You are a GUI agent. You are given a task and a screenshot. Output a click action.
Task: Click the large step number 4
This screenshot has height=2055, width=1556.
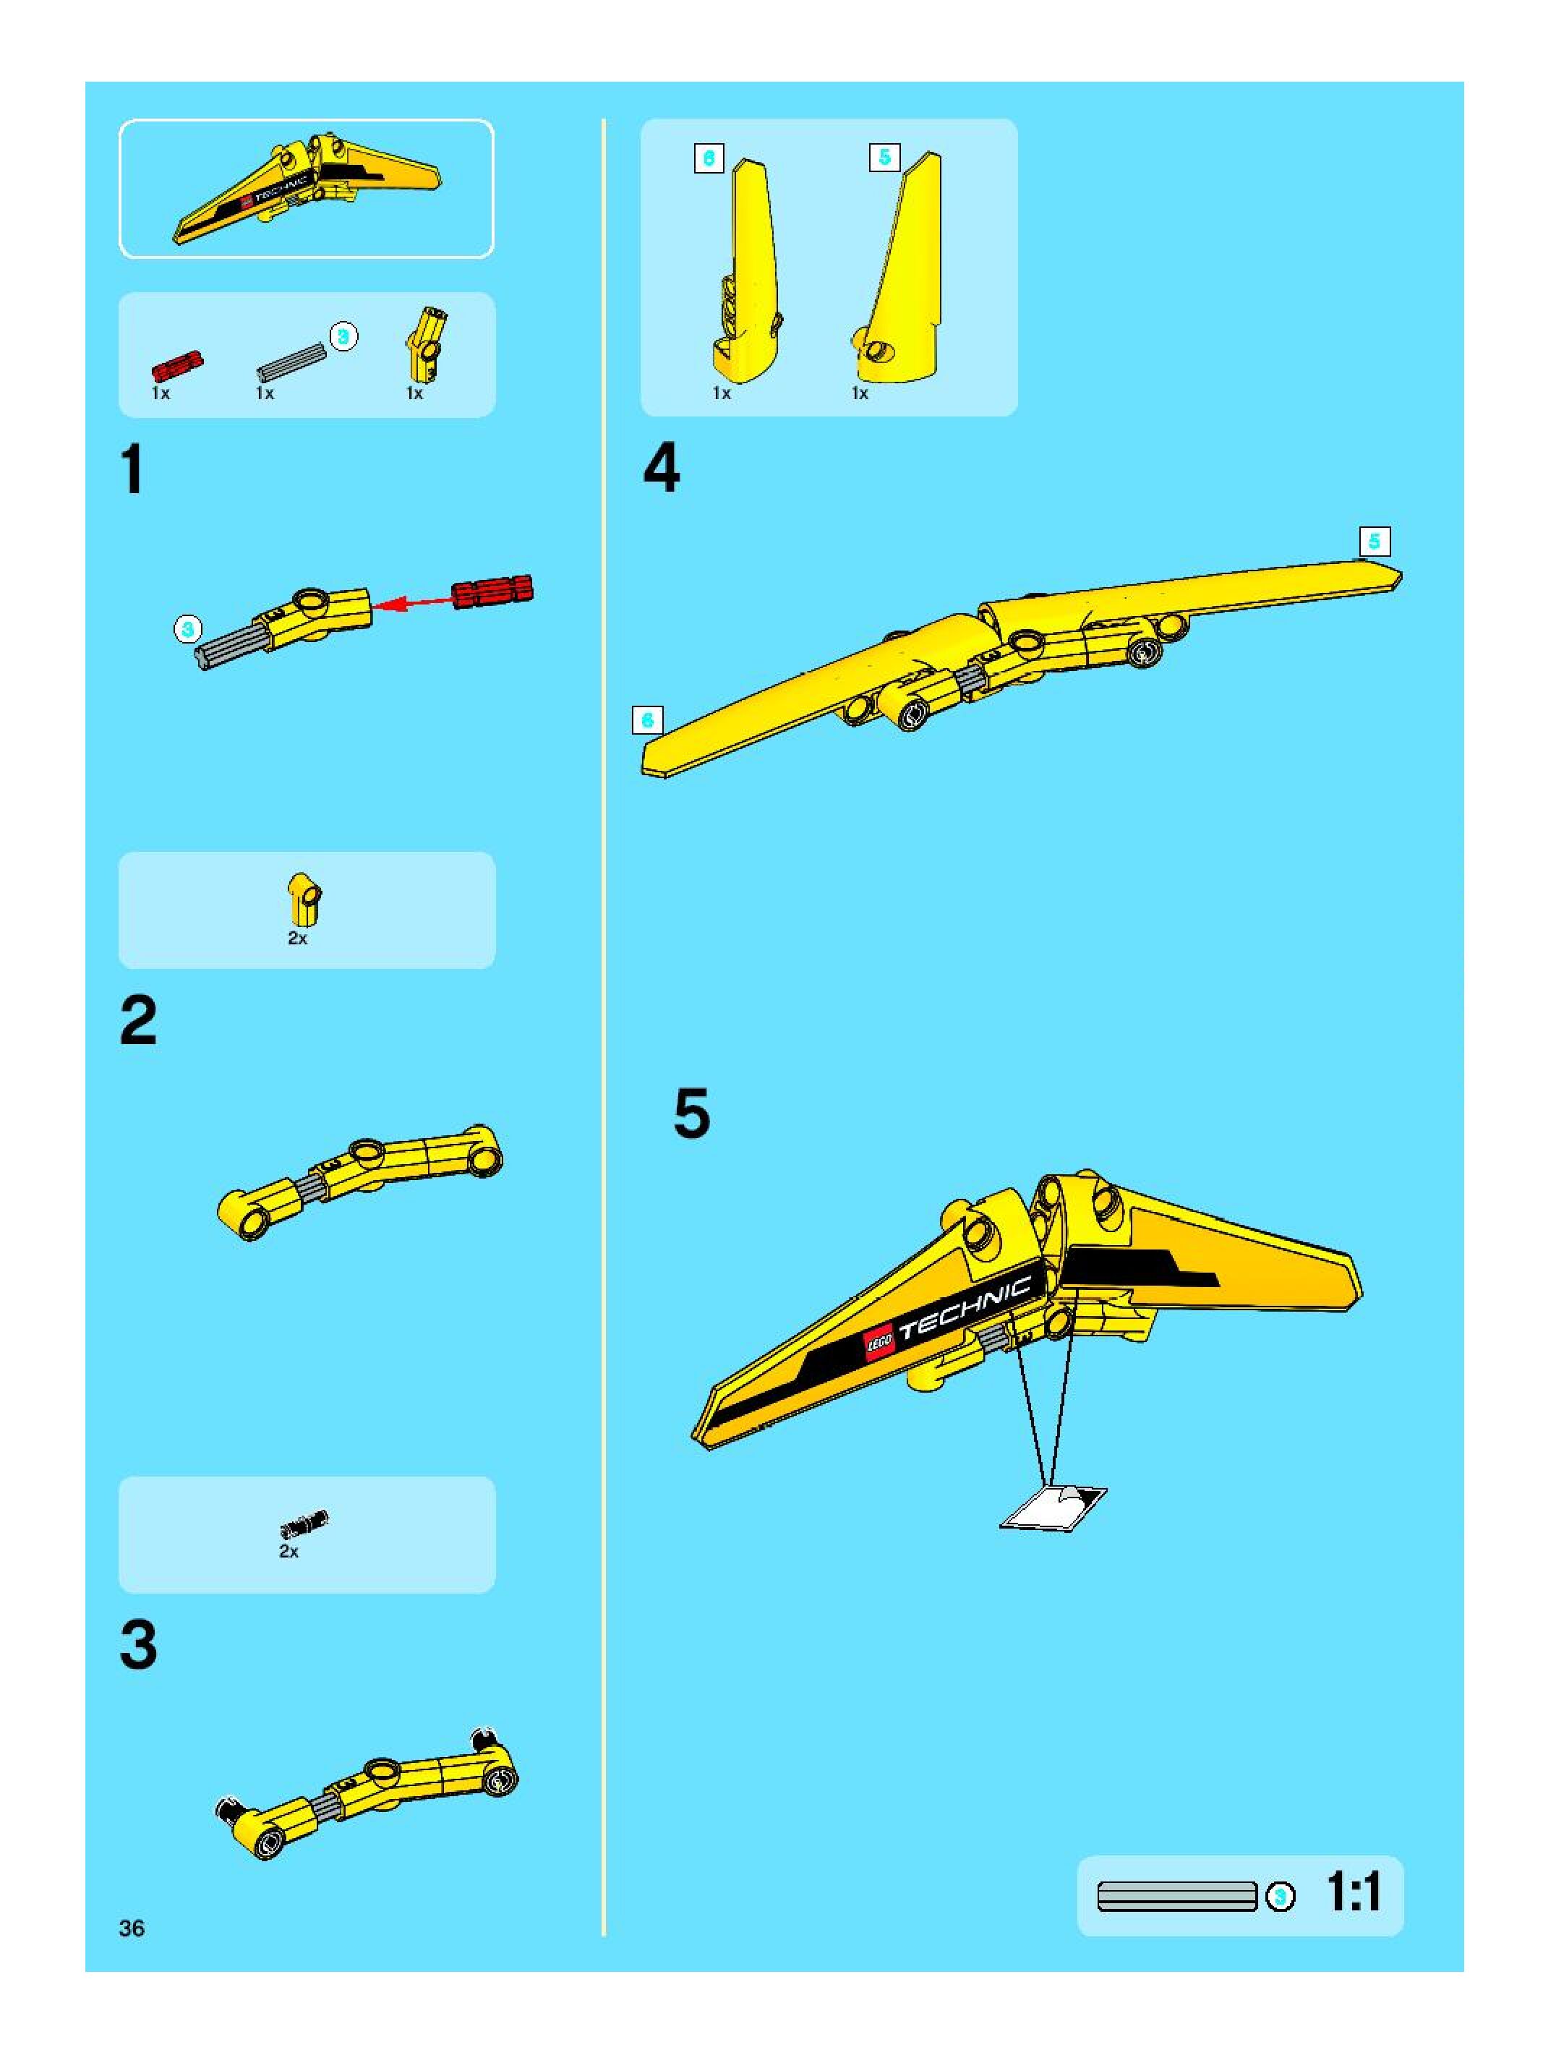[662, 469]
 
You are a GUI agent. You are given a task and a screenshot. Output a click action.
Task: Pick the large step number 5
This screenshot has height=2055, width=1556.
[691, 1114]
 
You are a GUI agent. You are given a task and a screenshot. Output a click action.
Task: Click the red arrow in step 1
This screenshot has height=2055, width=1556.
[414, 602]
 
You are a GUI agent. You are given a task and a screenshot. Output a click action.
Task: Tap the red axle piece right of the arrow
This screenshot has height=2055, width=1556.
[492, 591]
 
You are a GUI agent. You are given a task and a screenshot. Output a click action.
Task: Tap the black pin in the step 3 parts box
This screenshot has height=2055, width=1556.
[304, 1524]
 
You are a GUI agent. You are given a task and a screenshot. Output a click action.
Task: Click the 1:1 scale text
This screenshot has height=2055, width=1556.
[1354, 1892]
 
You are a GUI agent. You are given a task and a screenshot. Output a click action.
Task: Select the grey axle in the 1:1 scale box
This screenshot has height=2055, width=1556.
[1177, 1896]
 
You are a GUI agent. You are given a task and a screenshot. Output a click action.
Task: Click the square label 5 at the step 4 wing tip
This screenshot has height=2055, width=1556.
[1374, 541]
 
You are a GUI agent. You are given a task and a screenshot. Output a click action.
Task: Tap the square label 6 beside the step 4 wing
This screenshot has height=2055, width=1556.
[647, 720]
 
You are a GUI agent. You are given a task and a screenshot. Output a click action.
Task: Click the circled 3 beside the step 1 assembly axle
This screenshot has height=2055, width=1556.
[188, 629]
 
